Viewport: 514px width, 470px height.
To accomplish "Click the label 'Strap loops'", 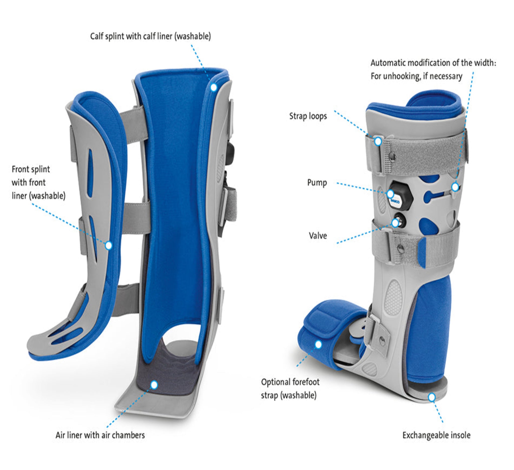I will click(x=308, y=116).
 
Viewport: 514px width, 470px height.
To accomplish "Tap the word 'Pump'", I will click(x=317, y=182).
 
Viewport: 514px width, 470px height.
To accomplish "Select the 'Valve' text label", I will click(x=318, y=236).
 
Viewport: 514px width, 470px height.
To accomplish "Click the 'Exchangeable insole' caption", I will click(x=436, y=435).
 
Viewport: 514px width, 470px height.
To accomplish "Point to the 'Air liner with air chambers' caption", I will click(x=100, y=435).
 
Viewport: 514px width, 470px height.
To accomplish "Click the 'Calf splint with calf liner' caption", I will click(x=150, y=36).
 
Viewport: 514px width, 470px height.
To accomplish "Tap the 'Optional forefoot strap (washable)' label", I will click(x=290, y=389).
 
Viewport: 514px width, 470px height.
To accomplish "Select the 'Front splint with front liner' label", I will click(x=38, y=182).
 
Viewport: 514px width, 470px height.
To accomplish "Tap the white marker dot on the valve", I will click(x=395, y=223).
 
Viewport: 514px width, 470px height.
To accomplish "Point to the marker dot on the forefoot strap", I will click(x=318, y=345).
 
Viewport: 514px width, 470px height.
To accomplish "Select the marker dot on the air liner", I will click(x=154, y=385).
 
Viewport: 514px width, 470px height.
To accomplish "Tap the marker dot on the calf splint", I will click(x=214, y=87).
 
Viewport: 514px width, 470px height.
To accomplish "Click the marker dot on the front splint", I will click(x=109, y=245).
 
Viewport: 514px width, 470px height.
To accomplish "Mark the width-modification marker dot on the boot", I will click(x=455, y=187).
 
